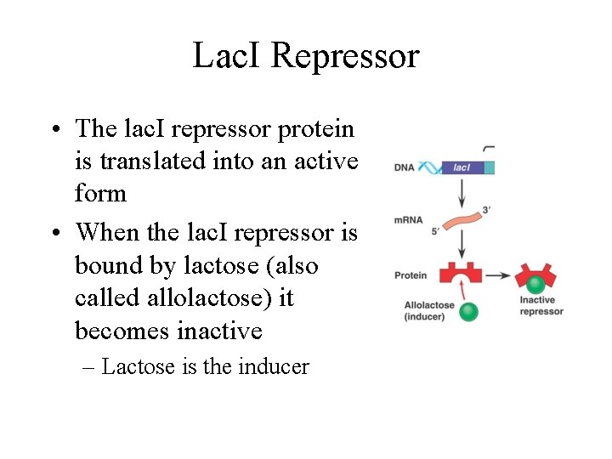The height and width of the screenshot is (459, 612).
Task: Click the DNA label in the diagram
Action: click(404, 167)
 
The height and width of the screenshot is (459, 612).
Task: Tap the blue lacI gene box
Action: click(464, 167)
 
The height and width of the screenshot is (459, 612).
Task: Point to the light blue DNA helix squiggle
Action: click(429, 167)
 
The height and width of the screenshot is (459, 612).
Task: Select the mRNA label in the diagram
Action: click(407, 220)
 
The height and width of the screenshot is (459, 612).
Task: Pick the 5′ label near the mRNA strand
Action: click(434, 229)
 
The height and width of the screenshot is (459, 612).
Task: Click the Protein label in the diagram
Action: click(410, 275)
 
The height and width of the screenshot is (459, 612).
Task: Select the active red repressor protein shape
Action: click(461, 274)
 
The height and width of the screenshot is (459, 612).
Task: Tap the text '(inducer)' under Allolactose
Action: click(429, 317)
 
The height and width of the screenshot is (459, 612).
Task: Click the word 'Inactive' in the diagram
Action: click(537, 300)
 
